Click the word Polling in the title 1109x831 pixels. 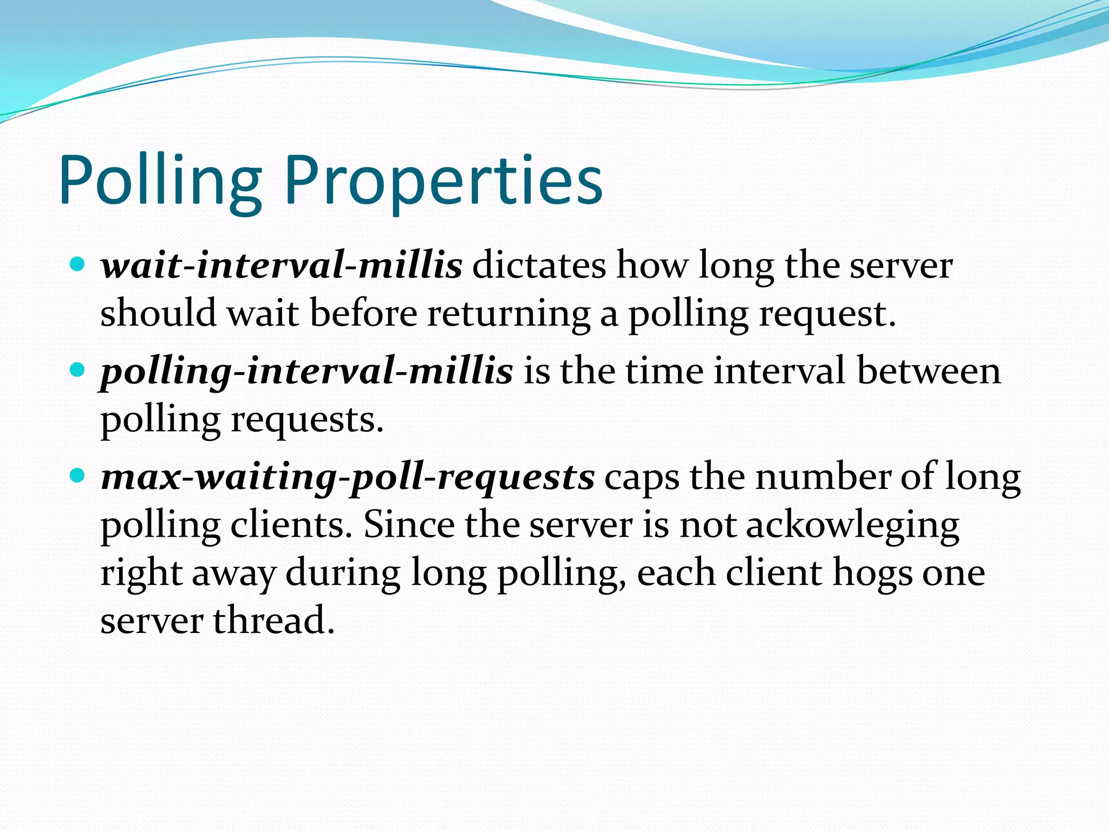pyautogui.click(x=160, y=181)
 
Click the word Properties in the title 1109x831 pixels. pyautogui.click(x=443, y=181)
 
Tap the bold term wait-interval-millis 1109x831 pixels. pyautogui.click(x=282, y=266)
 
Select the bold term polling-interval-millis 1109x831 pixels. pyautogui.click(x=306, y=372)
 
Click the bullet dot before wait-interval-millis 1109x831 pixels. pyautogui.click(x=79, y=265)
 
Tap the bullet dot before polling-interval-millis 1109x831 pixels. pyautogui.click(x=79, y=371)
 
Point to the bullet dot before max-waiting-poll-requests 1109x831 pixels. pyautogui.click(x=79, y=476)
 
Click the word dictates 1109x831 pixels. pyautogui.click(x=539, y=266)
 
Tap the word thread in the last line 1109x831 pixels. pyautogui.click(x=273, y=621)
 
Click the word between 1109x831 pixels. pyautogui.click(x=929, y=372)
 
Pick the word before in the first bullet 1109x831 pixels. pyautogui.click(x=363, y=314)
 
